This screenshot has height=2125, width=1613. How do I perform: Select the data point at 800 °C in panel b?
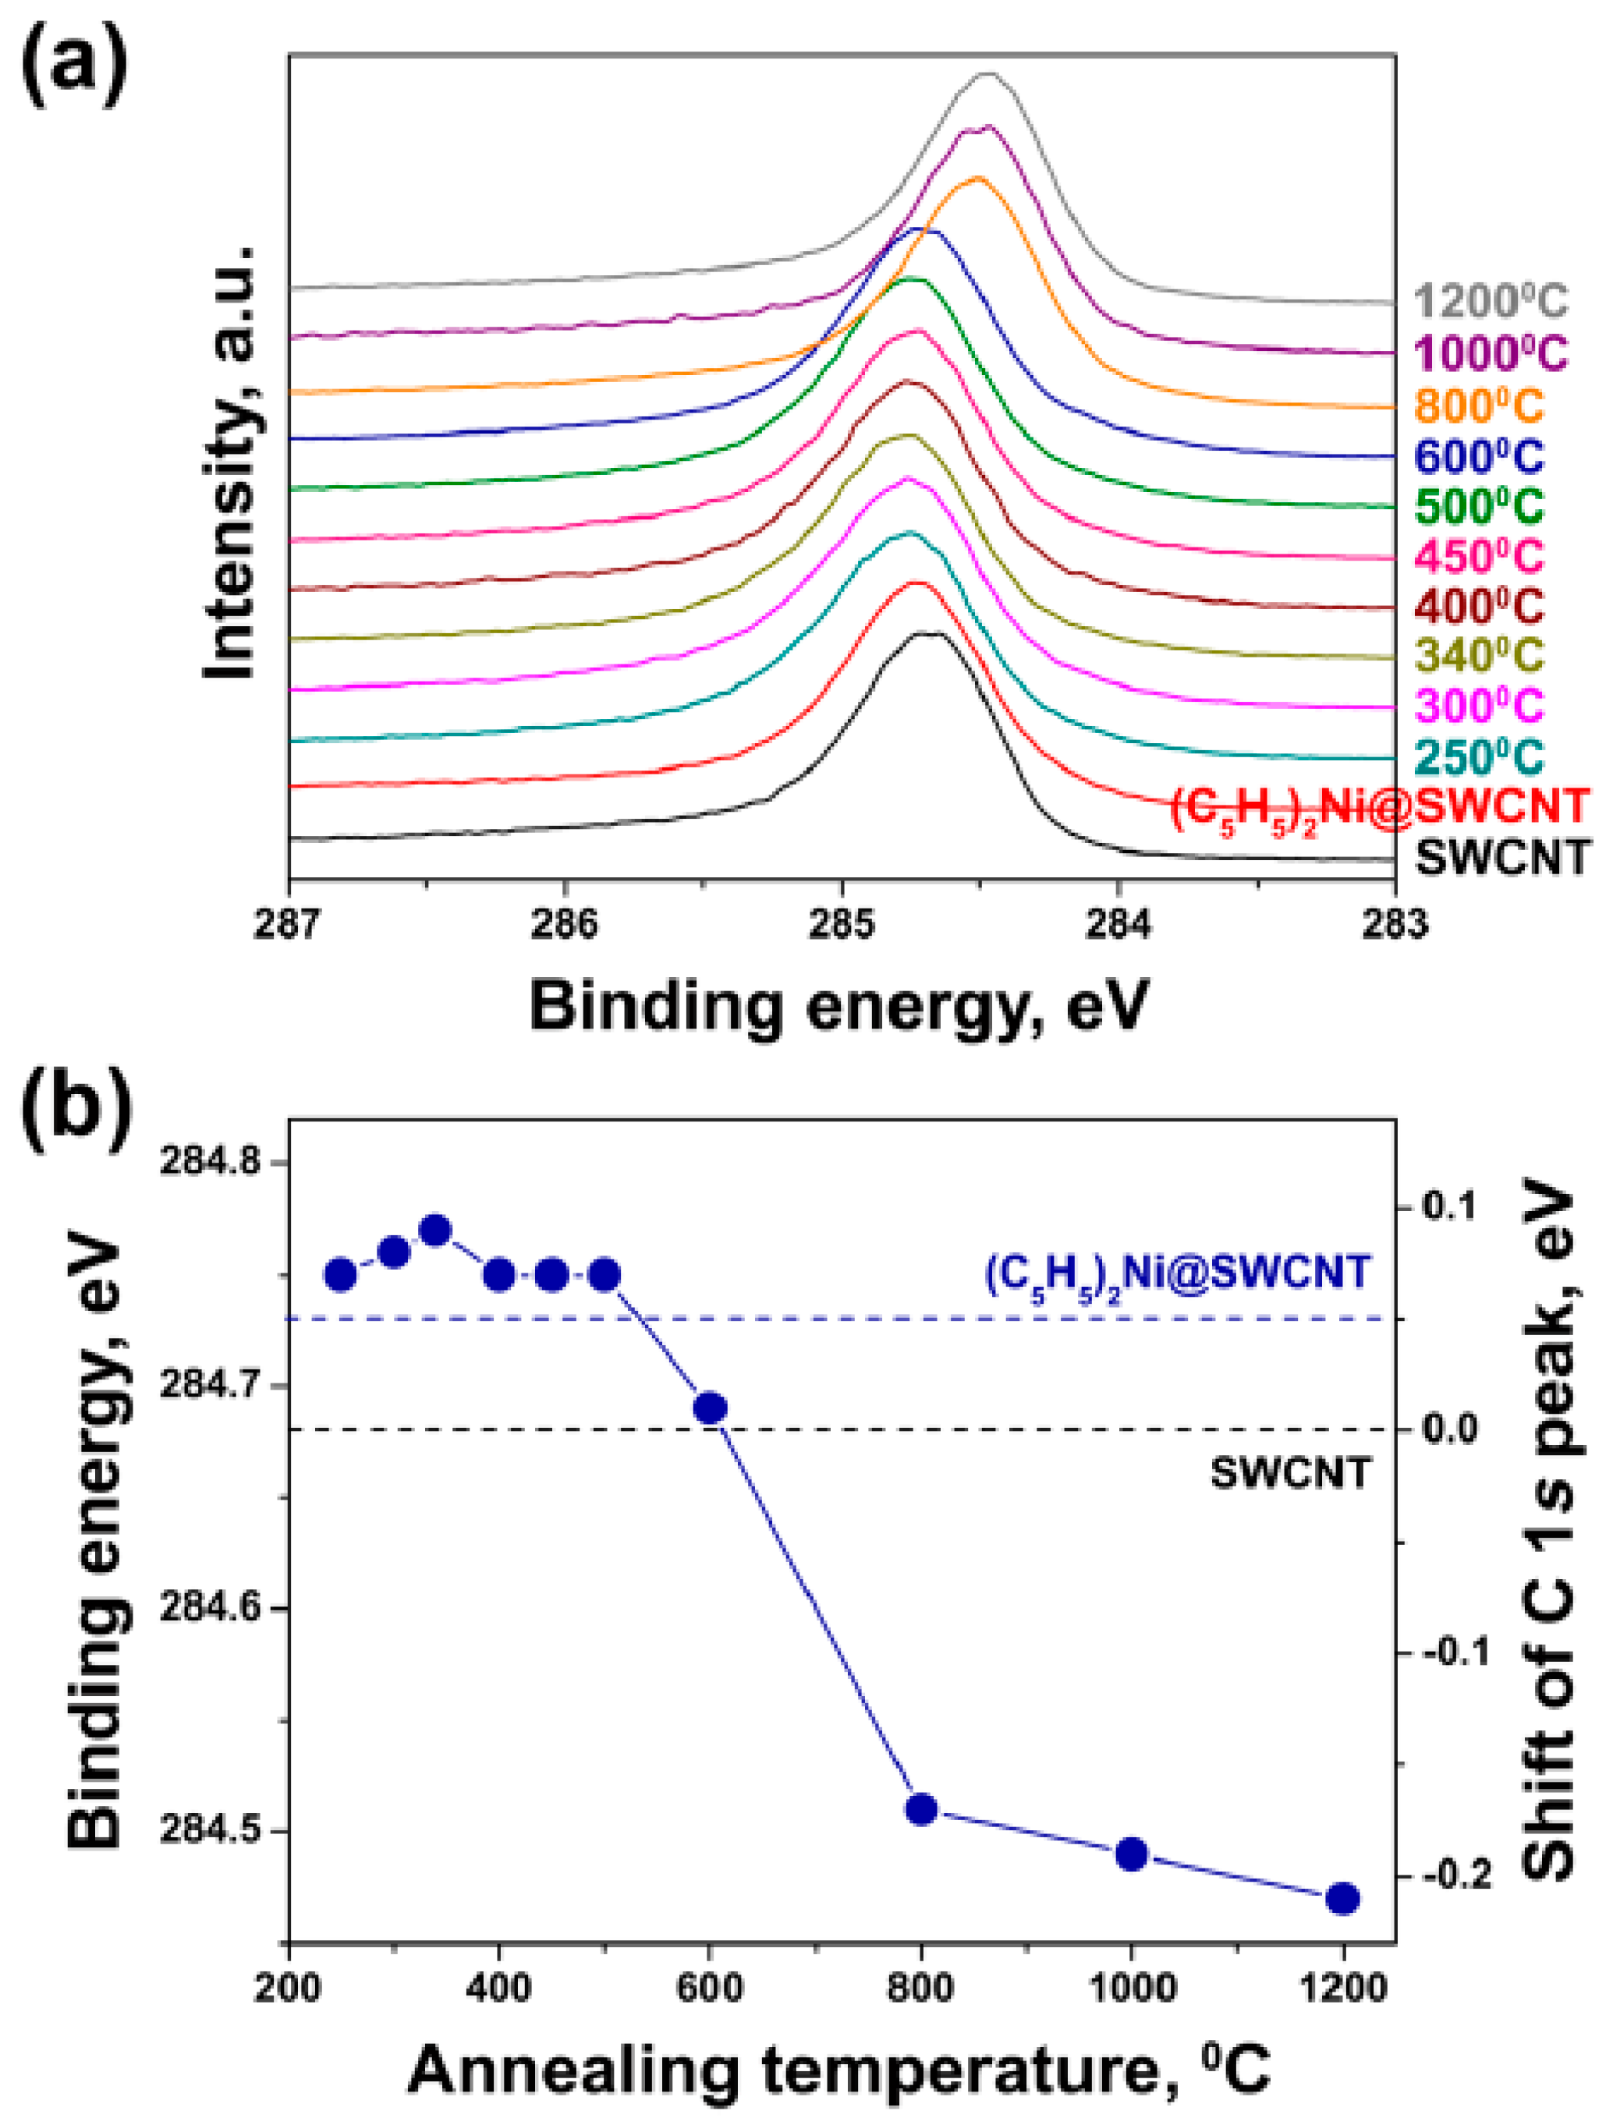(x=921, y=1810)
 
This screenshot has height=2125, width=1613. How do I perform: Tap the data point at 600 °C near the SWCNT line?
(x=710, y=1408)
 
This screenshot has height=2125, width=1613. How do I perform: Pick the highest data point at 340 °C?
(x=435, y=1231)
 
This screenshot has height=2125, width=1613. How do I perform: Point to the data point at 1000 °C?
(x=1132, y=1854)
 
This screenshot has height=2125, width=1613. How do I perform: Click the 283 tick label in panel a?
(x=1394, y=923)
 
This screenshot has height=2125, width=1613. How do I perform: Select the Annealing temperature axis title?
(x=838, y=2070)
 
